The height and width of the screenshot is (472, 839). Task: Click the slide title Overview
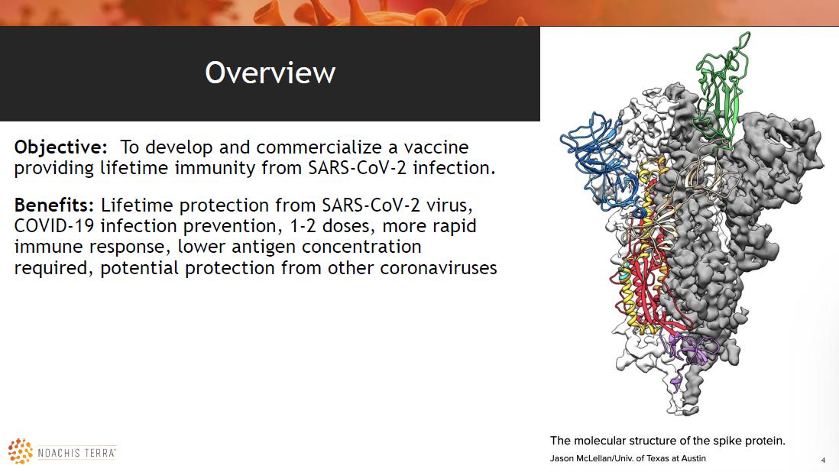click(x=270, y=73)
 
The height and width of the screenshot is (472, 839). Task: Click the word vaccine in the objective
click(x=436, y=147)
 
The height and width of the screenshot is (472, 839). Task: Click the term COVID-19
click(x=54, y=226)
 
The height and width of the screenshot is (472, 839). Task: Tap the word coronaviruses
click(x=439, y=268)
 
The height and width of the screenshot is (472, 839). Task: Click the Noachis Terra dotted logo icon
click(x=21, y=451)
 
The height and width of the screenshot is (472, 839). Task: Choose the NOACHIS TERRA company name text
click(x=77, y=454)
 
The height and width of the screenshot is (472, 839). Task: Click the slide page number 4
click(x=823, y=460)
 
